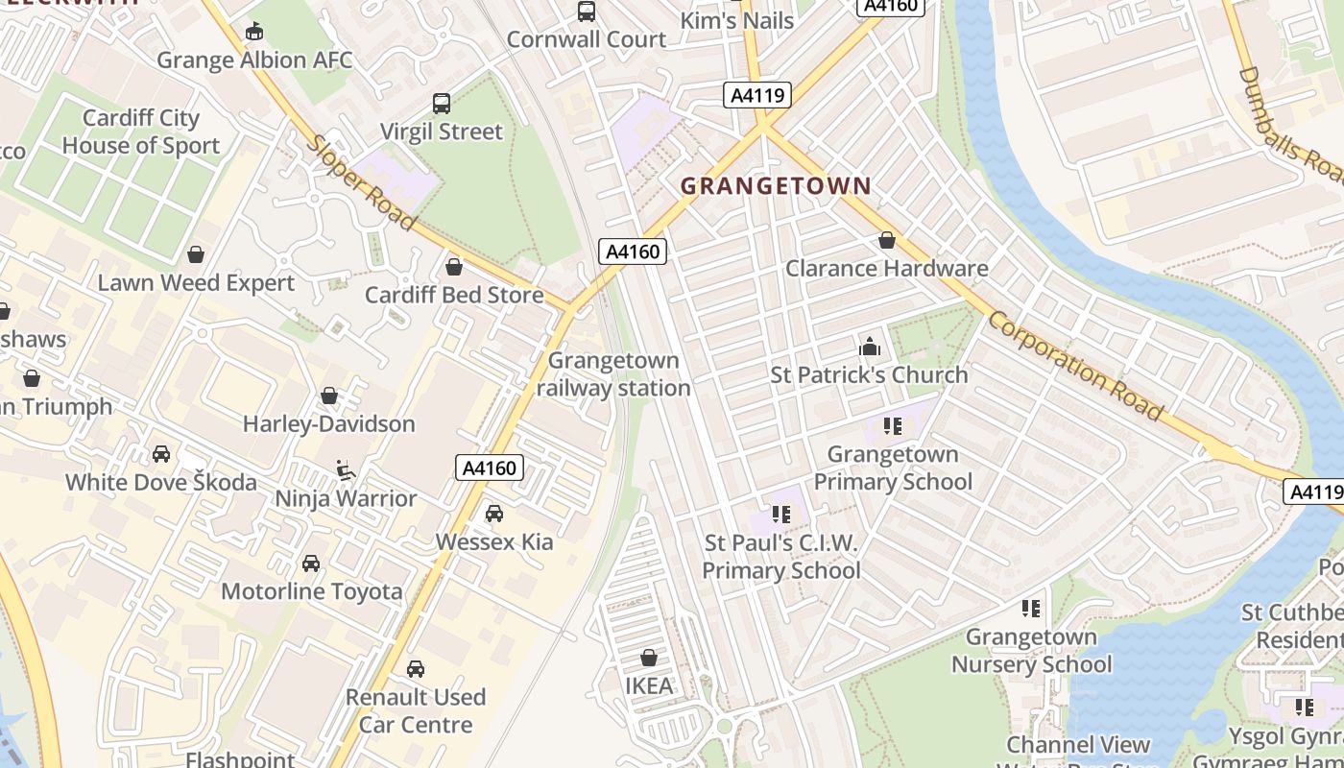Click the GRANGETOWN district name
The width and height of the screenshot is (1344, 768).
tap(776, 186)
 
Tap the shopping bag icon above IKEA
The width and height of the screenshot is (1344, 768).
tap(649, 658)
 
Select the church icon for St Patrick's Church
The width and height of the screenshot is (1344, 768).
tap(869, 346)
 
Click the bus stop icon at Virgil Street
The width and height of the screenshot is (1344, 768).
tap(442, 104)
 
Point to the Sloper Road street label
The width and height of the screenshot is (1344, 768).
tap(362, 182)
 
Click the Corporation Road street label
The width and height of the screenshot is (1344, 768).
tap(1075, 365)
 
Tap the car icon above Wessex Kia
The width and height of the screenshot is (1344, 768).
tap(494, 514)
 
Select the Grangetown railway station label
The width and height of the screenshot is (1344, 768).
tap(613, 374)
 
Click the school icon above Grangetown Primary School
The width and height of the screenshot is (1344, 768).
tap(893, 425)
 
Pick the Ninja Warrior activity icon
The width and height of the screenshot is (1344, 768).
tap(346, 470)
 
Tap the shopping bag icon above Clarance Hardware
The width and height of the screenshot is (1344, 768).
tap(887, 240)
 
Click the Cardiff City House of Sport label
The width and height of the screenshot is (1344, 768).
tap(141, 132)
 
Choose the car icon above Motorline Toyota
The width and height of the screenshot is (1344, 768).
tap(311, 564)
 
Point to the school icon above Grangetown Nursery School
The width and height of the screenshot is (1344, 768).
tap(1031, 608)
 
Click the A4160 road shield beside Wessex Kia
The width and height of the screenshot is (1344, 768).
tap(489, 468)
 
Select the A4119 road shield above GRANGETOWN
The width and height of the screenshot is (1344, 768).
tap(756, 95)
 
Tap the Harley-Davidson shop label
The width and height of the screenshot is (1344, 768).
tap(328, 424)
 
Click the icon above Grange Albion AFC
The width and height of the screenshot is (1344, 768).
tap(253, 32)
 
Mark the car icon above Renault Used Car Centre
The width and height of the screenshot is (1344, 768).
tap(416, 669)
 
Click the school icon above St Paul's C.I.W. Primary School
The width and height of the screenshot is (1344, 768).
tap(781, 515)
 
